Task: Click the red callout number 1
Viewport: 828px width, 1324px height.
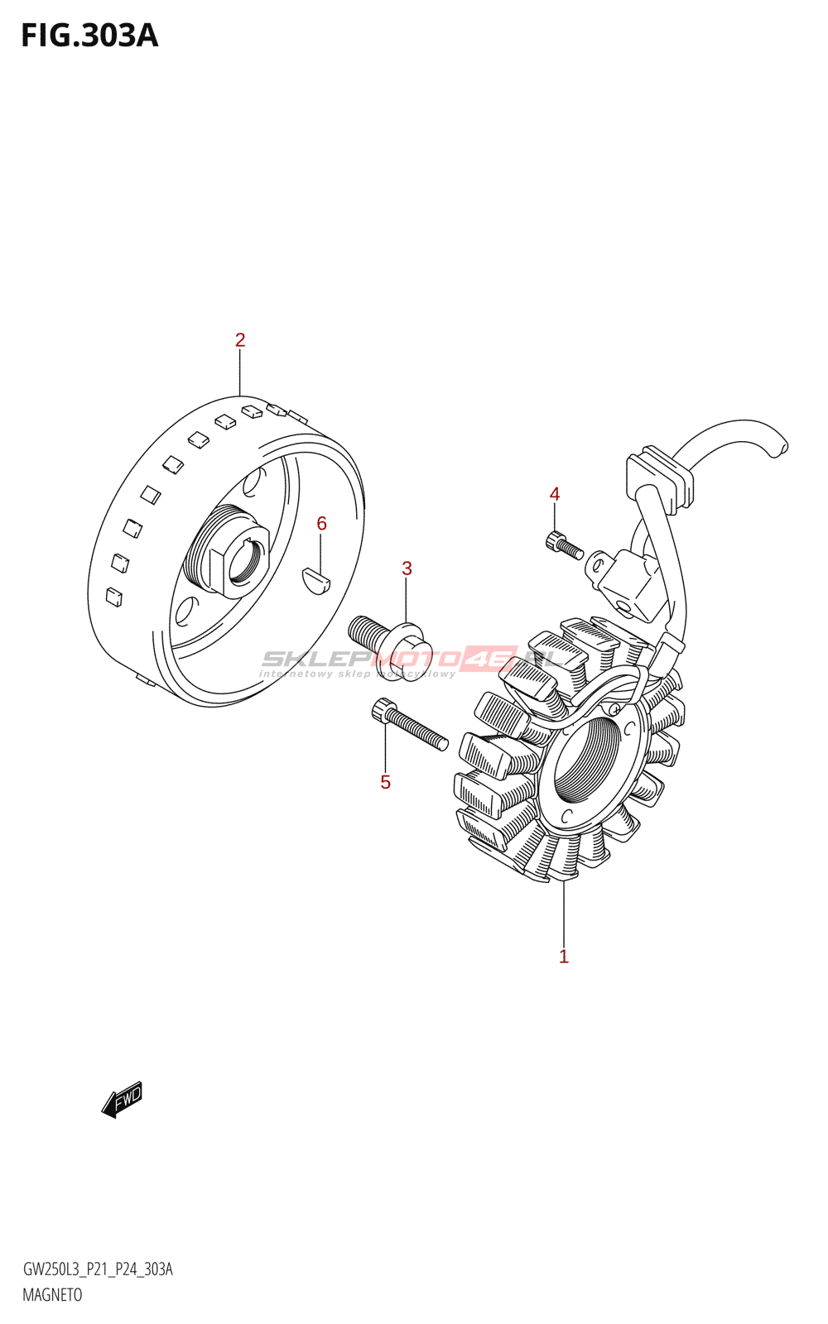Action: click(x=564, y=957)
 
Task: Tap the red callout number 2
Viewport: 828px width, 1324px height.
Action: click(x=240, y=340)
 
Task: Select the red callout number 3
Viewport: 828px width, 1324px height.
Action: click(x=407, y=568)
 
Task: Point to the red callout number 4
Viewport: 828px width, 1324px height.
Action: click(x=555, y=494)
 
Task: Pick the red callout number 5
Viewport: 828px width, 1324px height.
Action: click(x=385, y=782)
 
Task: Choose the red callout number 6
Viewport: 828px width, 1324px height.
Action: click(x=321, y=523)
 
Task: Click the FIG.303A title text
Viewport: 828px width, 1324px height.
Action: click(x=89, y=36)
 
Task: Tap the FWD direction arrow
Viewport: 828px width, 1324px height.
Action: click(x=122, y=1101)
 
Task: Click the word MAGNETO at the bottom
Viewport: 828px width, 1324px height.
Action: click(x=52, y=1295)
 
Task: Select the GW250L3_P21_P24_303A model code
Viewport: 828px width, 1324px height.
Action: click(x=98, y=1269)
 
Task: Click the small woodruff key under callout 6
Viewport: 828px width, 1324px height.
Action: click(x=315, y=579)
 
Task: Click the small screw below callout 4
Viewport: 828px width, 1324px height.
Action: click(x=565, y=546)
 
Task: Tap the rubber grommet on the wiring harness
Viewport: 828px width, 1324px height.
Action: click(x=659, y=480)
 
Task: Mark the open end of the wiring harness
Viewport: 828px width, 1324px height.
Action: click(x=778, y=448)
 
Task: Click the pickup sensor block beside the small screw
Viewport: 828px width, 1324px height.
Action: click(x=628, y=583)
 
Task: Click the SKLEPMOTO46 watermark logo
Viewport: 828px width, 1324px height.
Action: click(x=414, y=660)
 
